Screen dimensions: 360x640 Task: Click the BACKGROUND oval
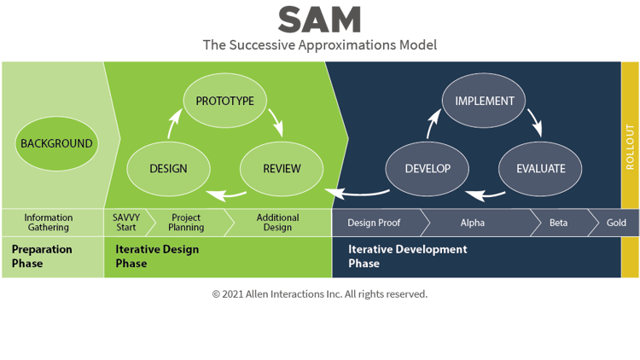(56, 143)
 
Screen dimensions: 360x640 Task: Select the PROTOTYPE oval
(224, 101)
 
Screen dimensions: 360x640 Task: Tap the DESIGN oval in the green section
(168, 168)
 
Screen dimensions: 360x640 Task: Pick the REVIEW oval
(282, 168)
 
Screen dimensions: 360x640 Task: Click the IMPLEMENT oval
(484, 101)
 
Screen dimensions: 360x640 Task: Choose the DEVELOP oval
(428, 168)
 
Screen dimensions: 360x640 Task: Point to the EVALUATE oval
(540, 168)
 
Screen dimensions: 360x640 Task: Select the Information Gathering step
(48, 223)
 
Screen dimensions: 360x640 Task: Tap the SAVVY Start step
(125, 223)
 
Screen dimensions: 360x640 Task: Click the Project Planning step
(186, 223)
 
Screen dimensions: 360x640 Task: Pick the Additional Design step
(278, 223)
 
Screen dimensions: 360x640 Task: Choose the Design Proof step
(374, 223)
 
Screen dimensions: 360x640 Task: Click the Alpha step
(472, 223)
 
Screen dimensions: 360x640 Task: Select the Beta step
(558, 223)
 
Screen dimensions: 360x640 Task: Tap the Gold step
(615, 223)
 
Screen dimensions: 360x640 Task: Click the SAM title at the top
(319, 20)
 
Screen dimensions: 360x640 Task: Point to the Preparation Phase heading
(42, 256)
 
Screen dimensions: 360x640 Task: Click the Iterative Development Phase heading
(407, 256)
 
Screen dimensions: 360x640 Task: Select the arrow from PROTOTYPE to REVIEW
(275, 122)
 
